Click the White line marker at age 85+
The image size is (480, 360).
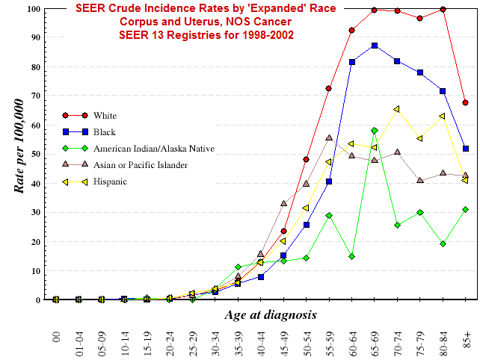[x=465, y=102]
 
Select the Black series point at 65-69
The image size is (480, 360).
[x=375, y=46]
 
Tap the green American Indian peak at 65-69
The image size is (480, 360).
[x=375, y=131]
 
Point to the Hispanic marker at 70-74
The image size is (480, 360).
[x=397, y=109]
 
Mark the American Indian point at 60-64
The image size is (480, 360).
[x=351, y=256]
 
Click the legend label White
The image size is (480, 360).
[x=105, y=116]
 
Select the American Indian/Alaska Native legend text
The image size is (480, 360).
[x=154, y=149]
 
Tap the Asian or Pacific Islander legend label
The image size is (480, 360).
[x=141, y=165]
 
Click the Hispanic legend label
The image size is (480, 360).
[x=110, y=181]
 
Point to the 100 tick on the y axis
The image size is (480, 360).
[x=33, y=9]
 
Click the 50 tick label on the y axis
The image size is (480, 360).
[x=35, y=155]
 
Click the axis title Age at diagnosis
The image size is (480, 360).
[x=270, y=315]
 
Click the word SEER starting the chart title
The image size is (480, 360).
[x=93, y=8]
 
